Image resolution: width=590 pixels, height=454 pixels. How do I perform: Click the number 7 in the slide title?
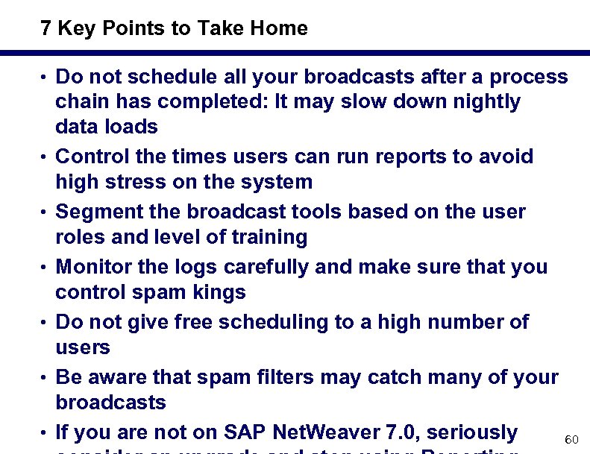46,29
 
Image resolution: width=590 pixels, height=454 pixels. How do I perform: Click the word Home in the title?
280,29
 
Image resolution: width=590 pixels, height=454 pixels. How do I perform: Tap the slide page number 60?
571,440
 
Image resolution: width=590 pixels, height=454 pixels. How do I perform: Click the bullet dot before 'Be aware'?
45,377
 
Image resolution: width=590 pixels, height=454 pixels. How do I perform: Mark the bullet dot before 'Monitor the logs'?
45,267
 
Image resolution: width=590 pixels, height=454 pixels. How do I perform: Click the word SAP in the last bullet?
242,432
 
